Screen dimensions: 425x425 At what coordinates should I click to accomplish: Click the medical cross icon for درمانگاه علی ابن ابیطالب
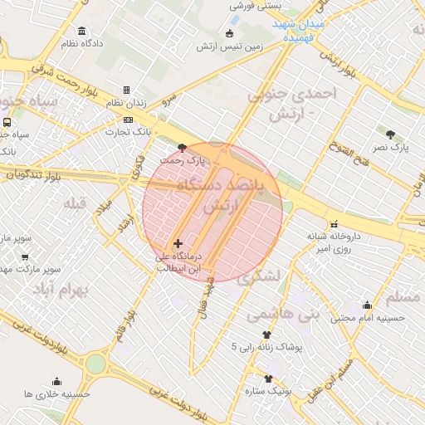click(x=178, y=243)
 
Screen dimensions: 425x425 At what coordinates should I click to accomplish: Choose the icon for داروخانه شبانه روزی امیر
click(x=334, y=224)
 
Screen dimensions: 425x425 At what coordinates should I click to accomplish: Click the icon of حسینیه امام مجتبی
click(x=368, y=305)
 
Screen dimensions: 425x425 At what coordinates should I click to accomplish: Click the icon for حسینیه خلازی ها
click(x=56, y=382)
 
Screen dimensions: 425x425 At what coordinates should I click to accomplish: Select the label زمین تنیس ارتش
click(x=229, y=46)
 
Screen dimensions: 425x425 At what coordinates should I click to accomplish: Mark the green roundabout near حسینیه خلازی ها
click(x=95, y=364)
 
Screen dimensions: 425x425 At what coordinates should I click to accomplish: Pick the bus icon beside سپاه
click(x=7, y=122)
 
